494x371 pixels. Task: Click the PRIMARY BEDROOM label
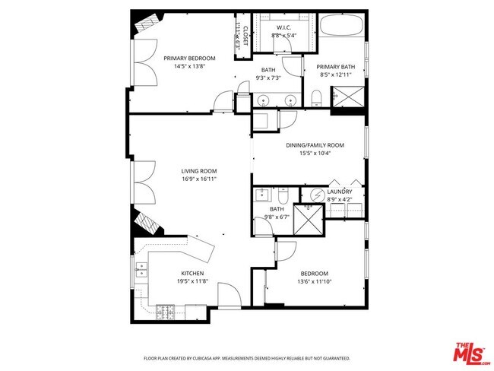[189, 59]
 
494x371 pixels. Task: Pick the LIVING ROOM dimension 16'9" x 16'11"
[199, 179]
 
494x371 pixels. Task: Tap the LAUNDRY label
[339, 192]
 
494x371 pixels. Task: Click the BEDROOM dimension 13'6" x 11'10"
[313, 282]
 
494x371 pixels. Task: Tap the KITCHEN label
[192, 274]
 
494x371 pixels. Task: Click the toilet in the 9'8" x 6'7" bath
[283, 193]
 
